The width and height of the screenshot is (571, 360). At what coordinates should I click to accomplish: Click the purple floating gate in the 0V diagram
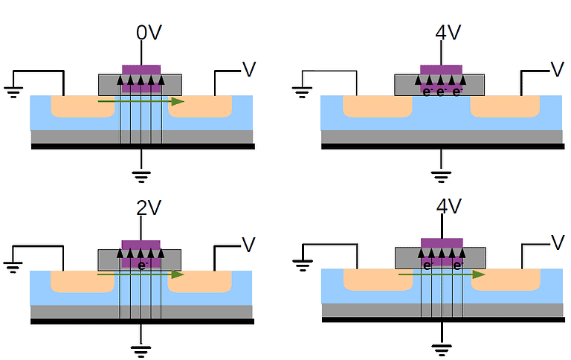click(x=141, y=69)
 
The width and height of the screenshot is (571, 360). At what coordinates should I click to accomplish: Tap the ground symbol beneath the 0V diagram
click(x=141, y=176)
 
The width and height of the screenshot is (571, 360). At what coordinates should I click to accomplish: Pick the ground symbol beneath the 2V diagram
click(x=141, y=350)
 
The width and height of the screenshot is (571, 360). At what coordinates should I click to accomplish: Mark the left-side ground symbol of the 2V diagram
click(x=13, y=266)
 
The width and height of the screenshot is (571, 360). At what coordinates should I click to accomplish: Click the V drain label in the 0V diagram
click(x=248, y=70)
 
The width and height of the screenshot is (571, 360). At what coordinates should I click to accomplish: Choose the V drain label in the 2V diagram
click(x=248, y=243)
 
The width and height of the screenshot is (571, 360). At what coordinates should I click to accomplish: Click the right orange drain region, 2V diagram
click(x=201, y=281)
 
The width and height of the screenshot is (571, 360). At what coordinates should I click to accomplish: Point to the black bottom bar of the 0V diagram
click(x=142, y=147)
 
